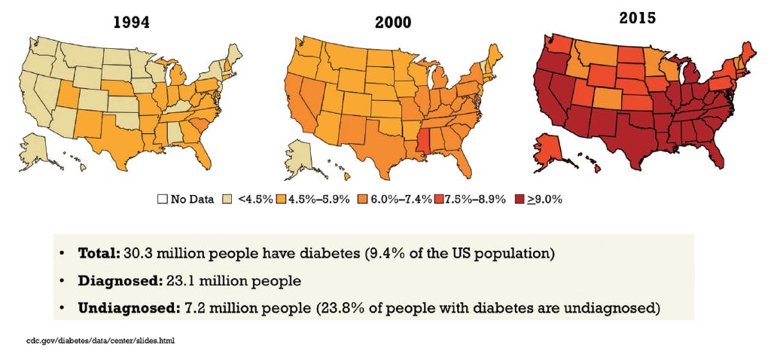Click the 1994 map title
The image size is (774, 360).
click(x=130, y=22)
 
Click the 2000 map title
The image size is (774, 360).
click(x=393, y=22)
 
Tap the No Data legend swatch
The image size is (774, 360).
click(x=161, y=200)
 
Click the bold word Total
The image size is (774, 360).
click(x=97, y=252)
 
